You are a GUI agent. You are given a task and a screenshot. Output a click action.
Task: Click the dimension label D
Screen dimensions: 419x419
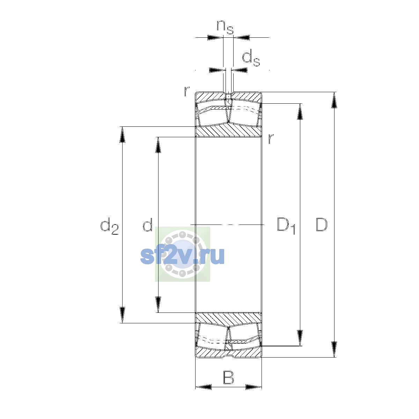click(x=321, y=224)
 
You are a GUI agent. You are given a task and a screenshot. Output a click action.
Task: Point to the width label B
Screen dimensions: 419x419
click(x=228, y=378)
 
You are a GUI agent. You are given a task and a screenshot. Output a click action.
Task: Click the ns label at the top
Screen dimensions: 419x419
click(x=225, y=27)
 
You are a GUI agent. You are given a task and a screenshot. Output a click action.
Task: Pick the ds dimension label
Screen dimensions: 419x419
click(x=251, y=58)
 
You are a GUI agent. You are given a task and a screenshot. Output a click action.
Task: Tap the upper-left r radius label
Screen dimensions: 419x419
click(x=187, y=91)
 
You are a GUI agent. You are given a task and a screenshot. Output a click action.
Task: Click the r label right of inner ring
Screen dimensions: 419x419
click(x=271, y=139)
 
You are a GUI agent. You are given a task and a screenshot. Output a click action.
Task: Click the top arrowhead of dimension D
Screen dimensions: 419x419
click(x=334, y=100)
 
